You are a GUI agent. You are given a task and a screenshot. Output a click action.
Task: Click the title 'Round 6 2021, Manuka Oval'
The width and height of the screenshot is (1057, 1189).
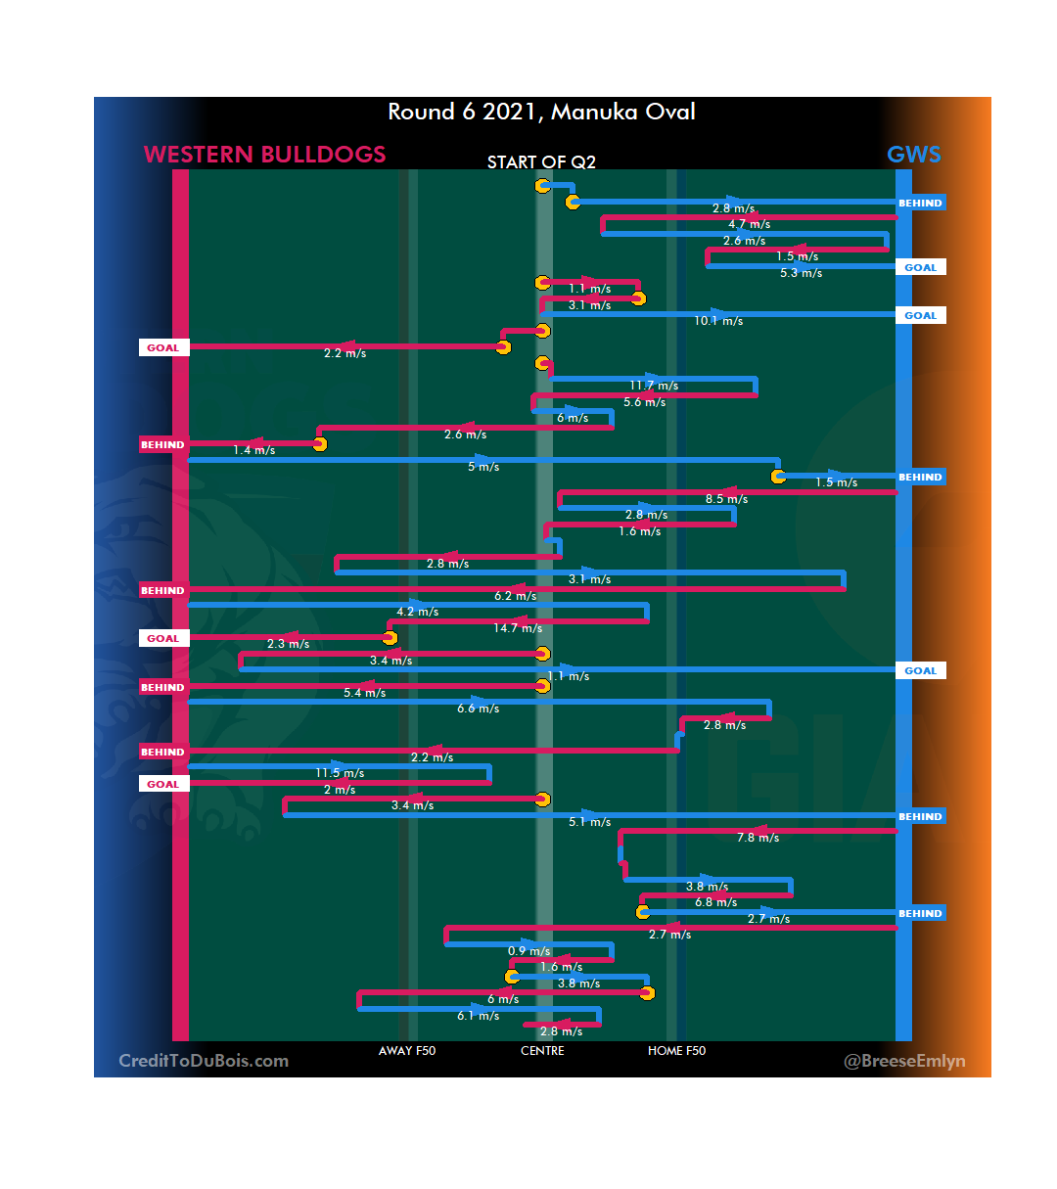coord(541,112)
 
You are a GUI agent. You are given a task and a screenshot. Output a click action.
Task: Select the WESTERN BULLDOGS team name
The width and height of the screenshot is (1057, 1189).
coord(264,155)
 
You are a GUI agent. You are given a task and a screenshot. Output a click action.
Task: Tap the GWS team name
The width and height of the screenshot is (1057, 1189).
coord(913,155)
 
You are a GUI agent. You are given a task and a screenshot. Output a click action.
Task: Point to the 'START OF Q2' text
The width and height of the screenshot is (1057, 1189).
coord(541,162)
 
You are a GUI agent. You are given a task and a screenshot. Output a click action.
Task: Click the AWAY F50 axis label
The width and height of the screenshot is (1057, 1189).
coord(407,1051)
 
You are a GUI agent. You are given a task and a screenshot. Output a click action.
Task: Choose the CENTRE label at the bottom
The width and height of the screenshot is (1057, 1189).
coord(542,1051)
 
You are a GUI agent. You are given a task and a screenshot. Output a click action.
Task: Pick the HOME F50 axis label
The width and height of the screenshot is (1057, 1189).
coord(676,1051)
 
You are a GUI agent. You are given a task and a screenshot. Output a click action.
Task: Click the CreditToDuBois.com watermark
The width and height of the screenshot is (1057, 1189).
coord(204,1061)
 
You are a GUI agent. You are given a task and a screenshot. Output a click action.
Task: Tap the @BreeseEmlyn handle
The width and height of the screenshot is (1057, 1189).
coord(904,1061)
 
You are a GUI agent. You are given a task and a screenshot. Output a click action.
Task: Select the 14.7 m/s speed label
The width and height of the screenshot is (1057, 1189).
coord(518,628)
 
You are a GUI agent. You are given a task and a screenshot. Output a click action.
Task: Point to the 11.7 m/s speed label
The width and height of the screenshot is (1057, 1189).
coord(654,386)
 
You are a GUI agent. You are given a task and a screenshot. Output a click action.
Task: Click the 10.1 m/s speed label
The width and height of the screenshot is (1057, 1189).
coord(718,321)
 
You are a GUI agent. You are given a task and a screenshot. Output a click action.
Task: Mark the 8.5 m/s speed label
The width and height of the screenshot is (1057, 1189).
coord(726,499)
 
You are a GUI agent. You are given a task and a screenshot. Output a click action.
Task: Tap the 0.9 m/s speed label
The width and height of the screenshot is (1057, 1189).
coord(528,951)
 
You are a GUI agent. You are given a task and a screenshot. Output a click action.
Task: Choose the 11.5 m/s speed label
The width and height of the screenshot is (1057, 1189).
coord(340,773)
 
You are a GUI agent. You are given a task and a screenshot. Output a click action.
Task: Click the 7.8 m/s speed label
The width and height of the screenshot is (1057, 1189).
coord(758,838)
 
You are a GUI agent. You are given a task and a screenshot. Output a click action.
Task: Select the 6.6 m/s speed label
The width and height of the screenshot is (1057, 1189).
coord(478,709)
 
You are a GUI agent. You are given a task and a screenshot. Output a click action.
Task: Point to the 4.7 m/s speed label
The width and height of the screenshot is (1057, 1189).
coord(749,224)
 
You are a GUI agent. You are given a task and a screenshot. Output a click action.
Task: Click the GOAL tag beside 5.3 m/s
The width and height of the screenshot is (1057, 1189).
coord(920,267)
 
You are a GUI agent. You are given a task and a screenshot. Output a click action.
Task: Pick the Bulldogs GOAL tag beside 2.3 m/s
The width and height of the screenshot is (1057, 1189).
coord(163,638)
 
